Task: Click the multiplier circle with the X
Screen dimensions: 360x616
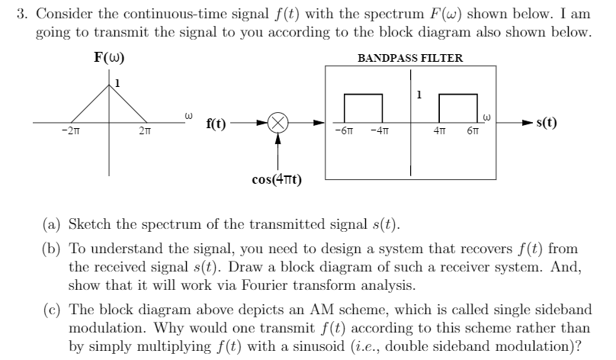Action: coord(278,123)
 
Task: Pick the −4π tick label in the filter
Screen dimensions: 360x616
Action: coord(379,133)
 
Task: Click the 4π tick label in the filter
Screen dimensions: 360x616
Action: coord(441,133)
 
